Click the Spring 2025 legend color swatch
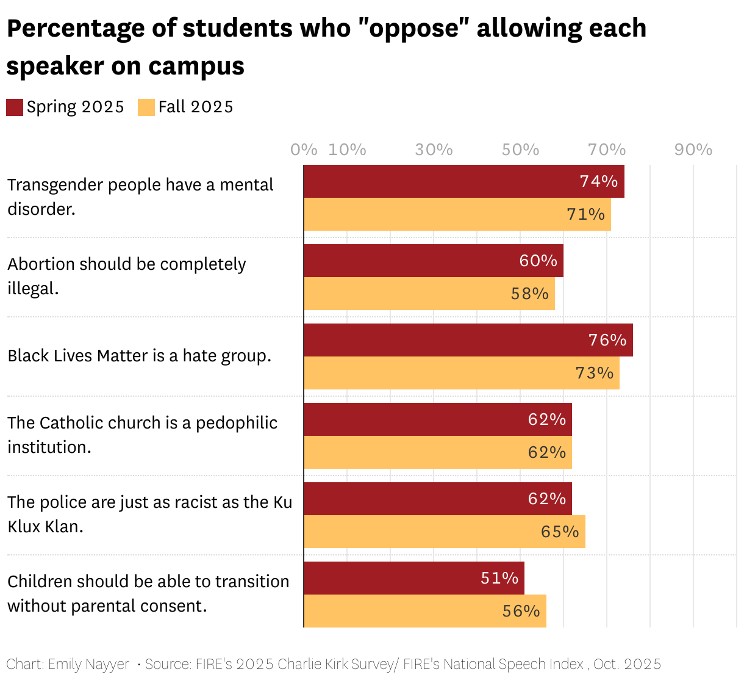pos(15,107)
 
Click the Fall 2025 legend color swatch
pos(146,107)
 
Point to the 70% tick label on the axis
pos(607,150)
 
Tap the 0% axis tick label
pos(304,150)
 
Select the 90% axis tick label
pos(693,150)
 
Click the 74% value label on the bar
pos(598,181)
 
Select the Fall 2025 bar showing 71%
pos(457,214)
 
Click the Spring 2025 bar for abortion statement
pos(433,261)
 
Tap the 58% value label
pos(529,294)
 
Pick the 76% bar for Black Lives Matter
pos(468,340)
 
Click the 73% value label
pos(594,373)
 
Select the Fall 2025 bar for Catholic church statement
pos(438,452)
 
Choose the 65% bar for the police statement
pos(445,532)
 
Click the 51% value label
pos(499,578)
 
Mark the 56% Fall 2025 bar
pos(425,611)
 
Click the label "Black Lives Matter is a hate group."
pos(139,356)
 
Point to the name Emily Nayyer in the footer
pos(88,664)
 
